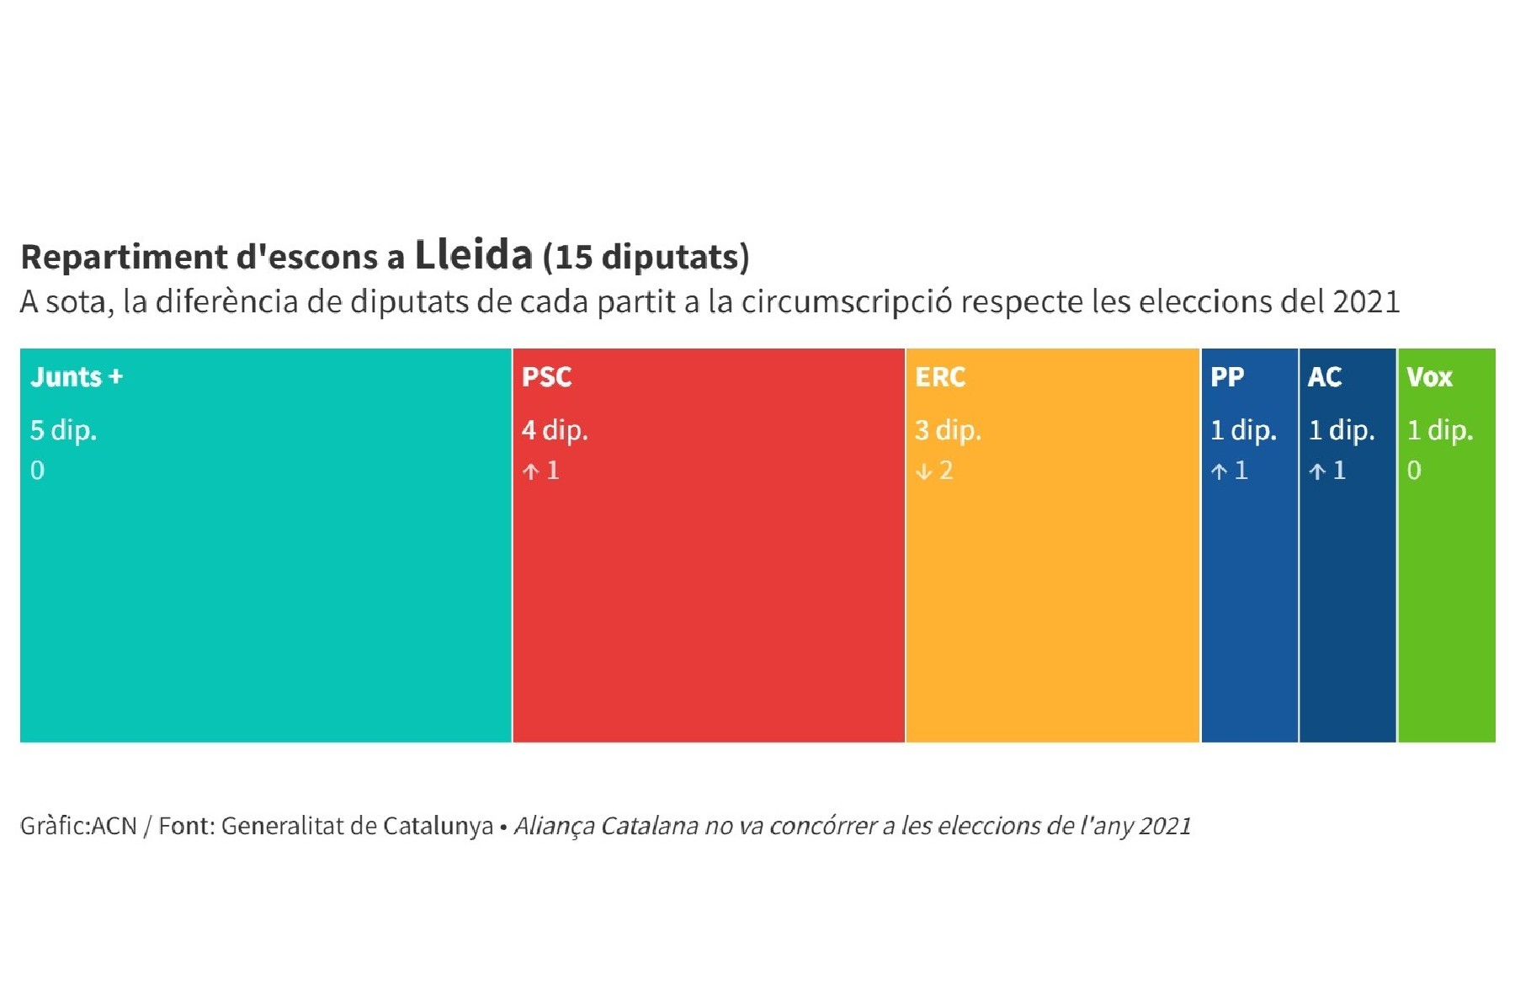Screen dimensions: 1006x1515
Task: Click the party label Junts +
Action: point(77,377)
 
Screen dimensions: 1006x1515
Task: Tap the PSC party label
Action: point(546,377)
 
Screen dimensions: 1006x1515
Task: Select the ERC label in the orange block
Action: point(940,377)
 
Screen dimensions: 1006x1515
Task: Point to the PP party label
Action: point(1227,377)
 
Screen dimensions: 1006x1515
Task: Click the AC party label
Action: point(1325,377)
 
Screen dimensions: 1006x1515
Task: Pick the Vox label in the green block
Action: point(1429,377)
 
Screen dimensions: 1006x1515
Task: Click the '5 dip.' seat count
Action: point(64,431)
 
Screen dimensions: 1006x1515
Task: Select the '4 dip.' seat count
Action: point(555,431)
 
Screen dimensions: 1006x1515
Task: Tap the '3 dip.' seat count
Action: point(949,431)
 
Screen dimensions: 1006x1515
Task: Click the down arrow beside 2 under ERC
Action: point(924,471)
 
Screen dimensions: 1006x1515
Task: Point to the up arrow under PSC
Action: point(530,471)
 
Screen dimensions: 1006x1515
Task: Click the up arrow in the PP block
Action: point(1219,471)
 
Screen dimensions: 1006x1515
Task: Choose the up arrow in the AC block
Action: point(1317,471)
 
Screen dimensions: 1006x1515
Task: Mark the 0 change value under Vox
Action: point(1414,471)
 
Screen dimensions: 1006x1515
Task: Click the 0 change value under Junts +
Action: point(38,471)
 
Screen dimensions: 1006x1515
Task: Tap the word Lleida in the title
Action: point(474,255)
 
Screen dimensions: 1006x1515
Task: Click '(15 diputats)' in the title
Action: point(646,258)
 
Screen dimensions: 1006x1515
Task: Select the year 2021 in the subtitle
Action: point(1366,301)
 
